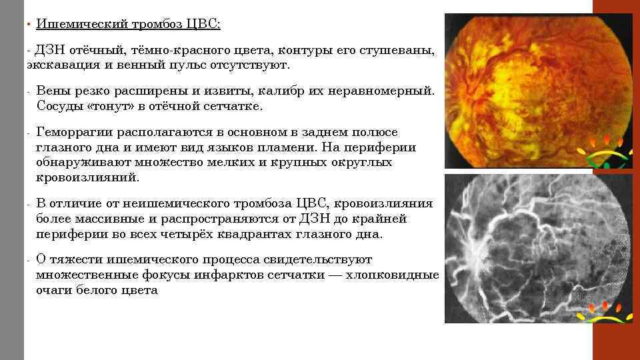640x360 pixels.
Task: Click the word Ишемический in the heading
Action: tap(79, 24)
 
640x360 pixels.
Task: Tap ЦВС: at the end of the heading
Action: tap(207, 24)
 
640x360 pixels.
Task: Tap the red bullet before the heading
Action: tap(29, 25)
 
